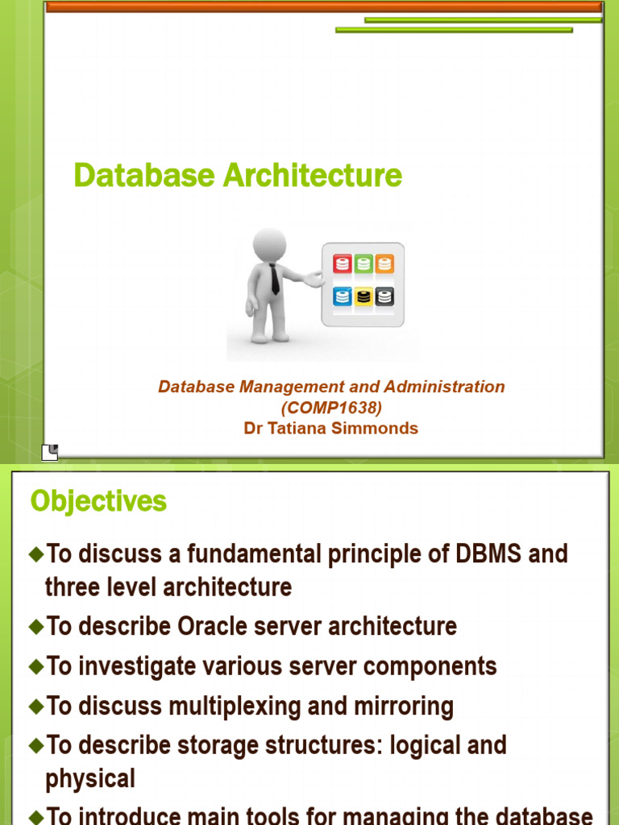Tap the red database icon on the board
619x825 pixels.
pyautogui.click(x=343, y=264)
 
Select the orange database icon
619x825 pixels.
pyautogui.click(x=384, y=264)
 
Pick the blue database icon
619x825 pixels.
pyautogui.click(x=343, y=296)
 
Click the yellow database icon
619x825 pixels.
pyautogui.click(x=364, y=296)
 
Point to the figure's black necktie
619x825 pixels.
pyautogui.click(x=275, y=279)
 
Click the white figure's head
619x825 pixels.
pyautogui.click(x=269, y=244)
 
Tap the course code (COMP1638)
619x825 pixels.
pyautogui.click(x=331, y=408)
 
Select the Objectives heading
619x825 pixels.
pyautogui.click(x=98, y=501)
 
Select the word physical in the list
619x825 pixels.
pyautogui.click(x=89, y=779)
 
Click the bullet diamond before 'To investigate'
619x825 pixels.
pyautogui.click(x=35, y=666)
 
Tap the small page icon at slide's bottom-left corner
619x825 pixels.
pyautogui.click(x=49, y=452)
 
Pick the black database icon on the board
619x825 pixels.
pyautogui.click(x=384, y=296)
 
